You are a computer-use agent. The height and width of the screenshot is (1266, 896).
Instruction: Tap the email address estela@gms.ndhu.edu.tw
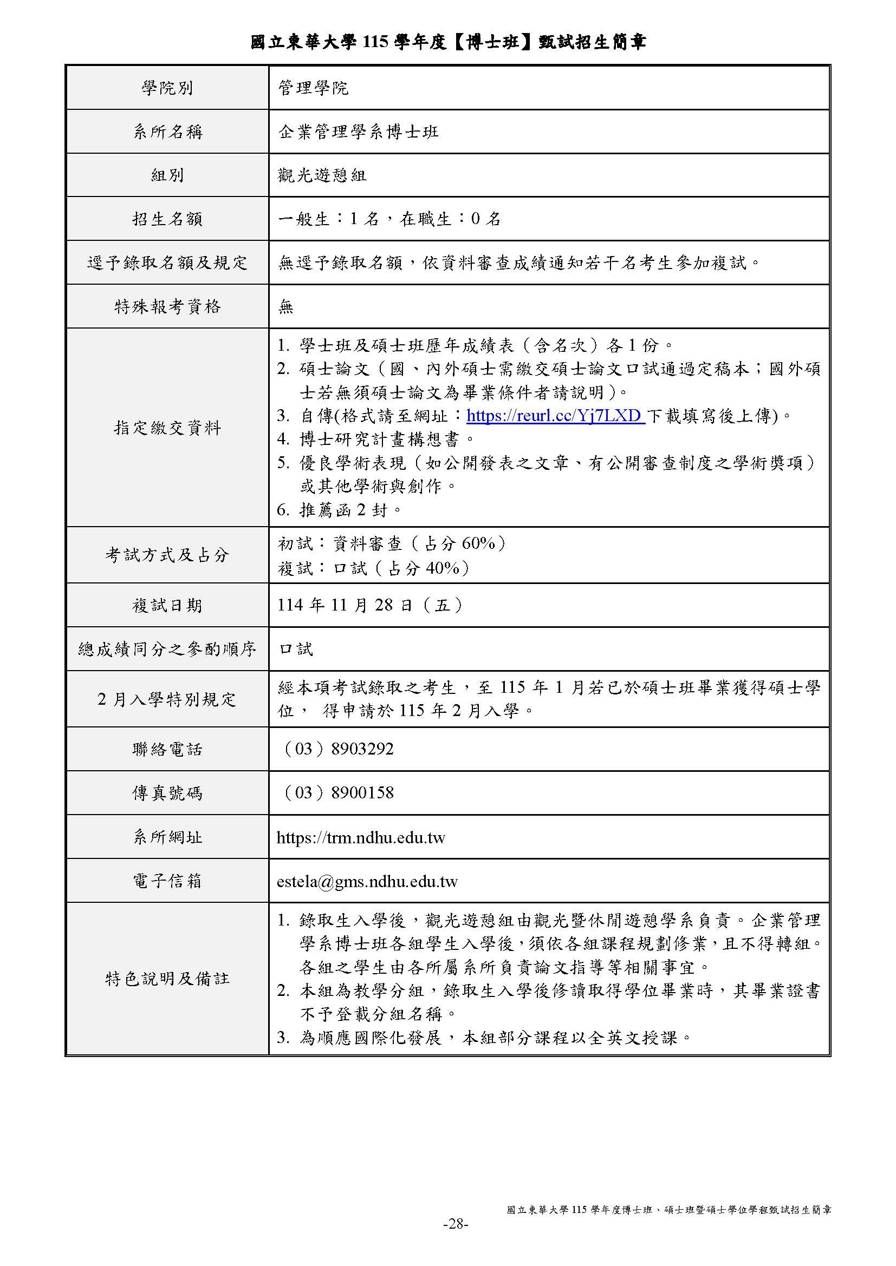point(367,881)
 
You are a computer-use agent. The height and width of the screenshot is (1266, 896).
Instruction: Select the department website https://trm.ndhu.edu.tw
point(361,837)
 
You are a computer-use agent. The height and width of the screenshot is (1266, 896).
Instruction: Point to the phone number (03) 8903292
point(337,748)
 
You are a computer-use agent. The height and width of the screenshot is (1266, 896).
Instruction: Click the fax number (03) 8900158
point(337,792)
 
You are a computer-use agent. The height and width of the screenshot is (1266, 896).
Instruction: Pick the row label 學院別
point(167,88)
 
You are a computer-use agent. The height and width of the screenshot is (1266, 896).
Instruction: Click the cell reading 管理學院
point(313,88)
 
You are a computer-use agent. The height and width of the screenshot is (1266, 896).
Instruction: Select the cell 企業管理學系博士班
point(359,131)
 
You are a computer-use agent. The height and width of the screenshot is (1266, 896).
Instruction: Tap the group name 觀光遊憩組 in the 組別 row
point(322,175)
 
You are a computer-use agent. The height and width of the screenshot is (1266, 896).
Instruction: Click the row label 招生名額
point(167,219)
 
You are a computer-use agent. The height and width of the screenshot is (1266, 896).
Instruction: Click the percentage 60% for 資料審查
point(478,543)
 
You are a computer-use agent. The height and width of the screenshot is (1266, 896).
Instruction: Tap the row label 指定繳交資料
point(167,428)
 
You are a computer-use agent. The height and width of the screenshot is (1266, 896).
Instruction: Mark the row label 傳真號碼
point(167,792)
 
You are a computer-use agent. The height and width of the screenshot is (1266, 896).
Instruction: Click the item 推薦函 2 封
point(350,510)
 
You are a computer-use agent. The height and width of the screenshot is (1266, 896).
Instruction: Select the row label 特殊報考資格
point(167,306)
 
